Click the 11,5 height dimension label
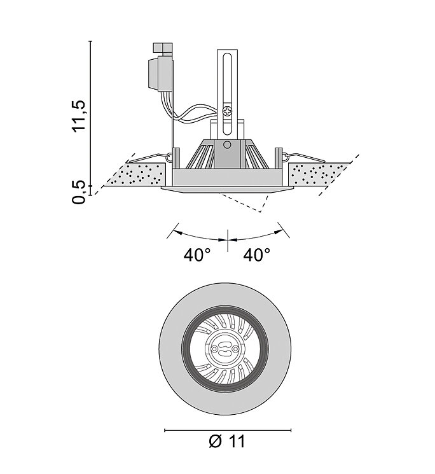pos(79,116)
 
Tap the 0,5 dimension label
pos(79,192)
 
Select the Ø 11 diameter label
pos(227,442)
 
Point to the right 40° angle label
pos(257,254)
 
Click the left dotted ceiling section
pos(135,175)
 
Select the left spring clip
pos(149,158)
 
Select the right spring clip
pos(303,158)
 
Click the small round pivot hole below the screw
pos(227,145)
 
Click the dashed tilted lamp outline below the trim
pos(245,202)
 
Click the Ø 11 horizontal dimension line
pos(228,430)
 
